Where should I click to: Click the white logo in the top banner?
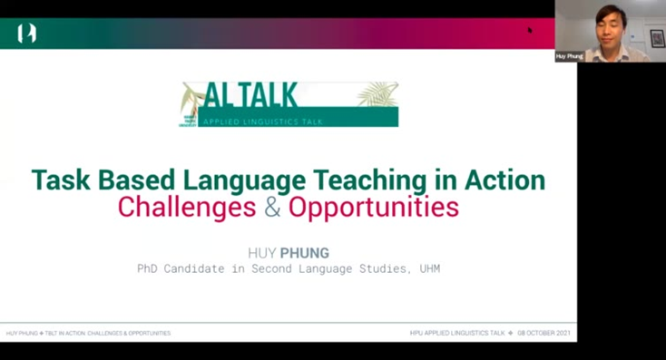26,34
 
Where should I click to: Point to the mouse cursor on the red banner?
530,30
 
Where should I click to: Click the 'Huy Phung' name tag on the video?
568,56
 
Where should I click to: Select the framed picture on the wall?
657,38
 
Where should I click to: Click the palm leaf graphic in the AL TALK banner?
377,93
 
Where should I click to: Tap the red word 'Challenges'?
186,208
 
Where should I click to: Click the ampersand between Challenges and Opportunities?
272,208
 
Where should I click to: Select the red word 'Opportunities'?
374,208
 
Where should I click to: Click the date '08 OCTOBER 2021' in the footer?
544,333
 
